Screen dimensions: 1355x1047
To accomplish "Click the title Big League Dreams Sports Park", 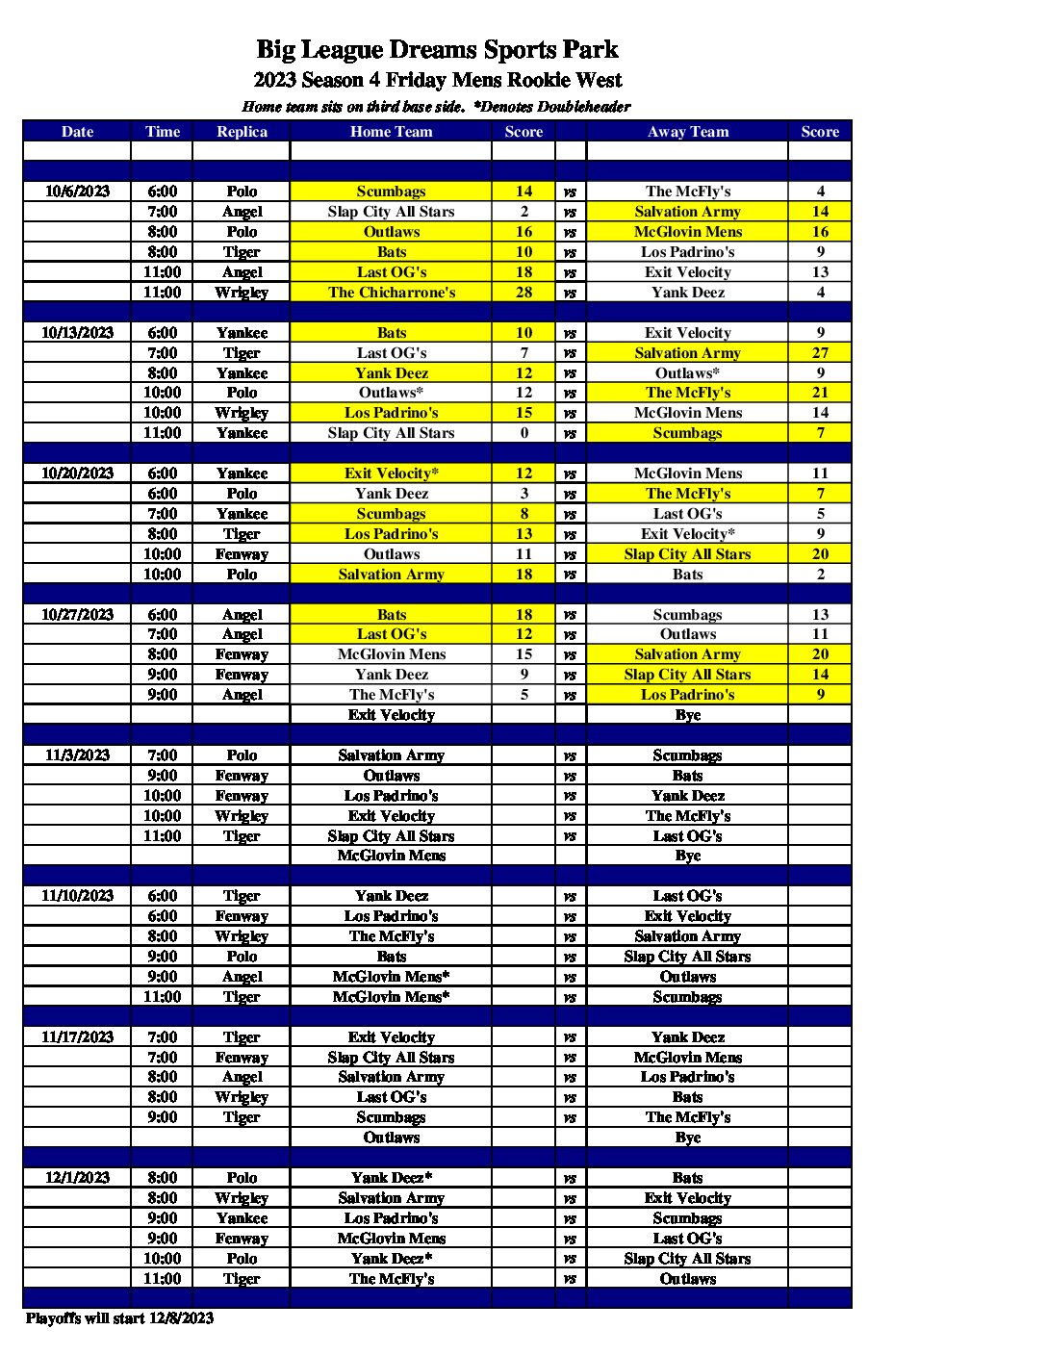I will click(437, 50).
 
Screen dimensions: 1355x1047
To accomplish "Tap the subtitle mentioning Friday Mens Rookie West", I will click(438, 80).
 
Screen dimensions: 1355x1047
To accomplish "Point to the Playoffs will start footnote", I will click(120, 1318).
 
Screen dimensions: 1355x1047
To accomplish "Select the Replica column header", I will click(242, 132).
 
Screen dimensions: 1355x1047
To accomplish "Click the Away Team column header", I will click(688, 132).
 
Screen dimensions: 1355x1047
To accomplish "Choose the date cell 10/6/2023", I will click(77, 192).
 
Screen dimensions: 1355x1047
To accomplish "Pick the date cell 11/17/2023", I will click(77, 1037).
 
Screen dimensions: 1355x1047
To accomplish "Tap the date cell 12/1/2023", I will click(77, 1178).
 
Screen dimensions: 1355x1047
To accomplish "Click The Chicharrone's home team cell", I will click(392, 293).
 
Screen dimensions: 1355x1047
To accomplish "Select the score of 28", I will click(523, 293).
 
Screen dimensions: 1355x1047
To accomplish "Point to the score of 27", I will click(820, 353).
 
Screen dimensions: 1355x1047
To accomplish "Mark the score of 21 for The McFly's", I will click(820, 393).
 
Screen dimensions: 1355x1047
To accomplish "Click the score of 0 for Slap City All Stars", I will click(523, 433).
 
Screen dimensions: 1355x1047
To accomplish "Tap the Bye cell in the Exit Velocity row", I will click(688, 715).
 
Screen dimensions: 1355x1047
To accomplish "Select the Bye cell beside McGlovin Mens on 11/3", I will click(688, 856).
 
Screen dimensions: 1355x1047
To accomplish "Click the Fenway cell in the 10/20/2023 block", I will click(242, 554).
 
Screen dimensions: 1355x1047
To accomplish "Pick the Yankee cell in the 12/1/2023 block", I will click(242, 1218).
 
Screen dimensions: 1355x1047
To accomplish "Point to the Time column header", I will click(162, 132).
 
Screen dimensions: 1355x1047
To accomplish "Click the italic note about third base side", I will click(436, 107).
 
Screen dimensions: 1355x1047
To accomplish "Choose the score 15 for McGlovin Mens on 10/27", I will click(523, 654).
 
